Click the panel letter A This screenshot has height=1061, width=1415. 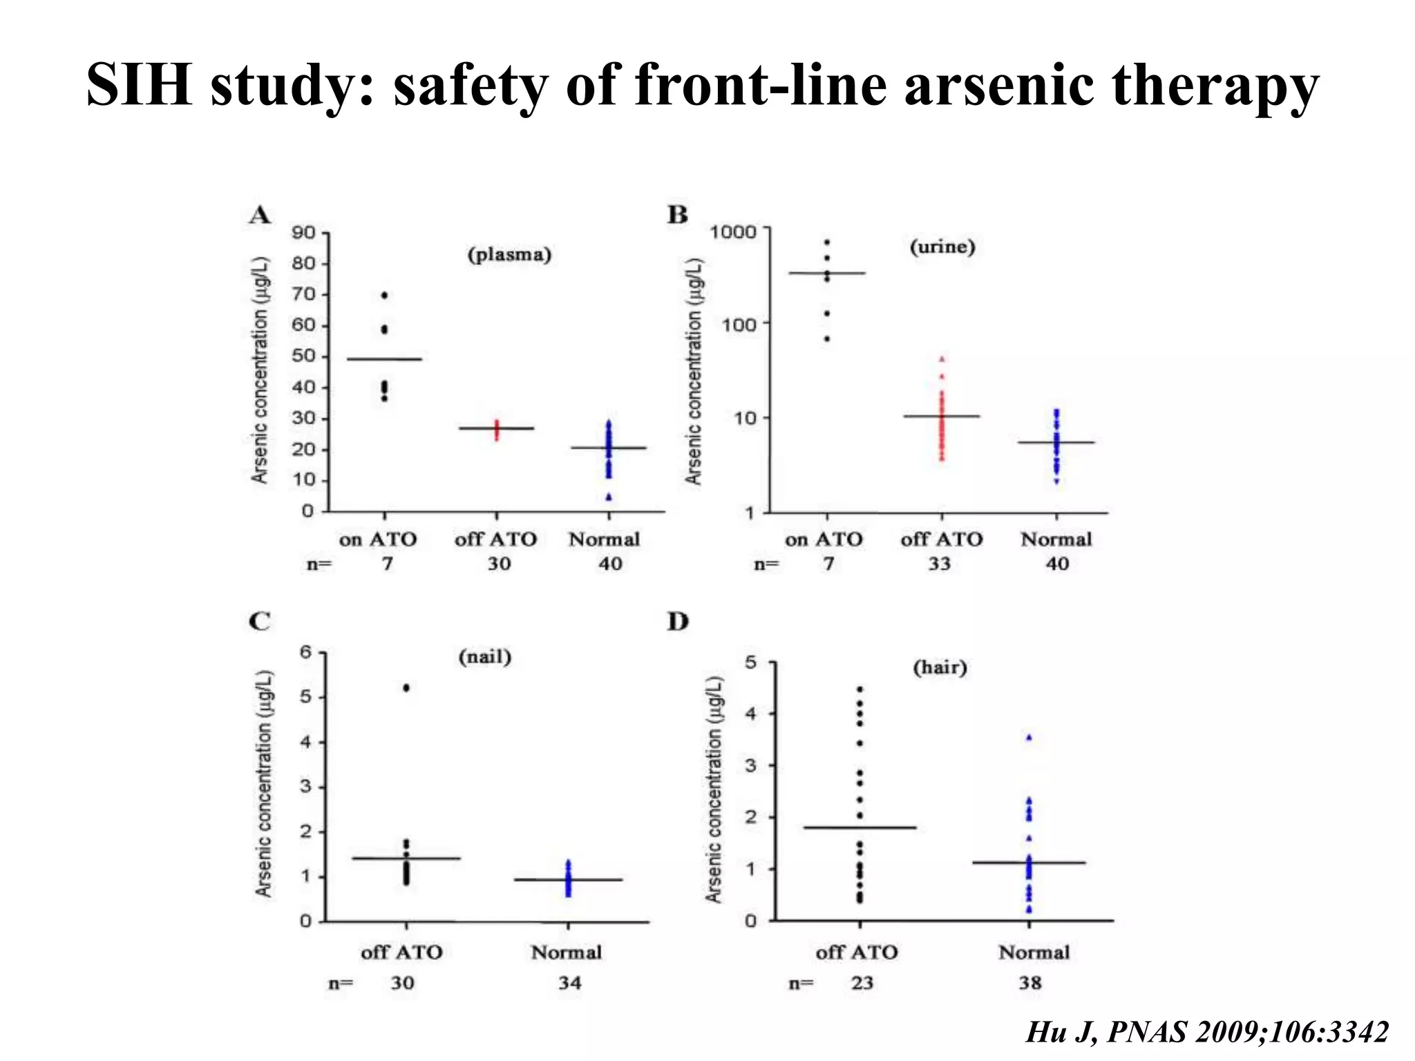click(260, 216)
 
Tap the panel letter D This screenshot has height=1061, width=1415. click(678, 622)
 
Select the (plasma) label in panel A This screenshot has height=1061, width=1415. click(510, 254)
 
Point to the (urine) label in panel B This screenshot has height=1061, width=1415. click(942, 247)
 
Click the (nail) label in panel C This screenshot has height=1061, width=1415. click(485, 656)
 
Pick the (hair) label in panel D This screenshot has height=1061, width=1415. click(940, 667)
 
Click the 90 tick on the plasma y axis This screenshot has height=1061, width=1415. click(303, 233)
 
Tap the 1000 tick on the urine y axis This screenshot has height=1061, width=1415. click(733, 231)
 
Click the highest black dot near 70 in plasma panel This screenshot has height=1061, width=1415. click(385, 295)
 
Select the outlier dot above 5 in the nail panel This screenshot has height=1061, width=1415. click(406, 687)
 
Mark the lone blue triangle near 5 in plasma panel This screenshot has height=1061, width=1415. click(609, 497)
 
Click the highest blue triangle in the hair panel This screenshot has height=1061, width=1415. click(1029, 738)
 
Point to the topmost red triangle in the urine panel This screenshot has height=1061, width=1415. click(941, 359)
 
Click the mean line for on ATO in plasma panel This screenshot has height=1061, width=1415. click(384, 359)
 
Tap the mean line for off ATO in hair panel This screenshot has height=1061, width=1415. click(860, 827)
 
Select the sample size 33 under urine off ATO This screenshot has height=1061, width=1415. click(939, 564)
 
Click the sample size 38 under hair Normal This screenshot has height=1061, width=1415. click(1029, 982)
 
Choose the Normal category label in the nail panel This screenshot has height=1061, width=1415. click(567, 952)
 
